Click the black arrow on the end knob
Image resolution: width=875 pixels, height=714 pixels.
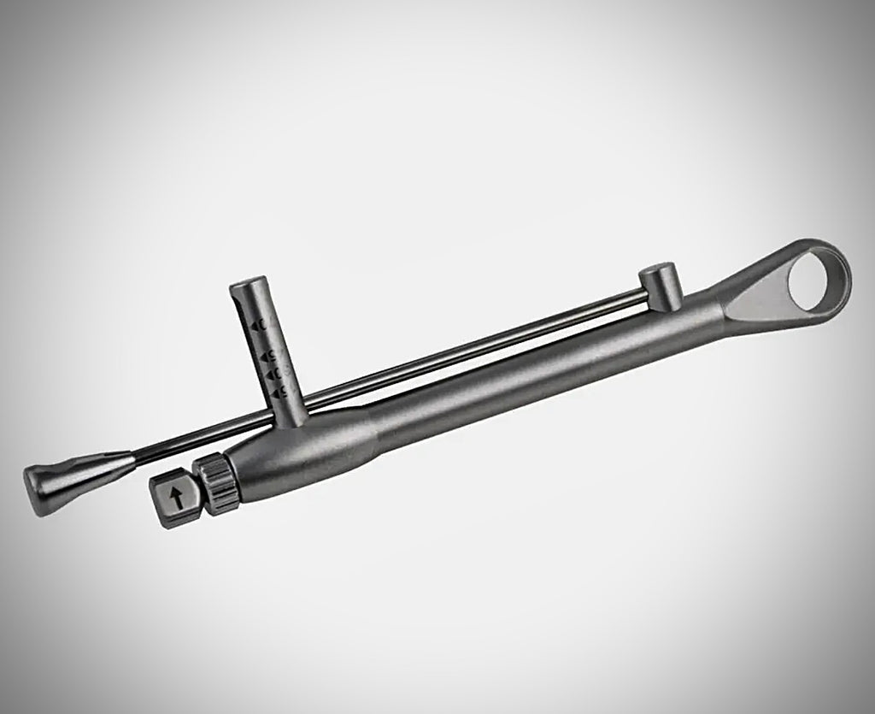click(x=177, y=499)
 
